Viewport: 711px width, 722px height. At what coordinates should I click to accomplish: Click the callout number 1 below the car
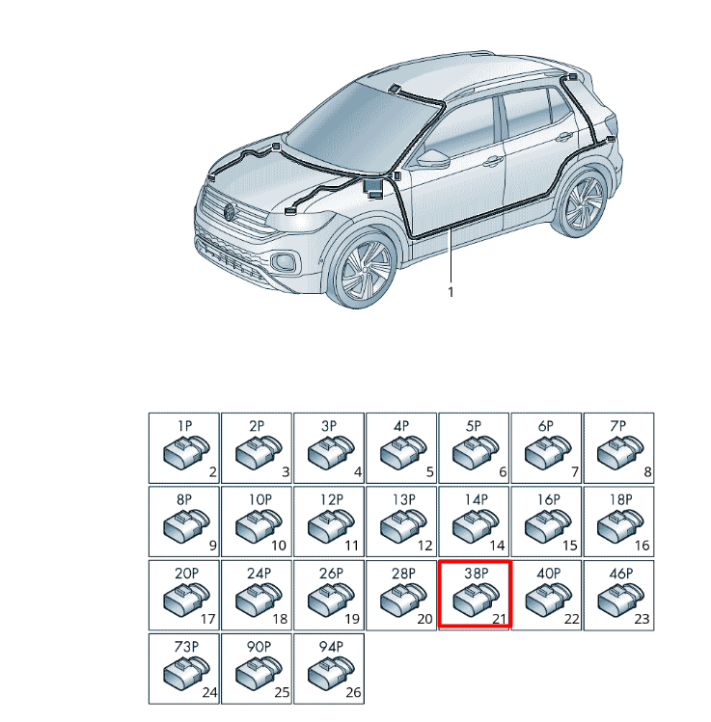(451, 292)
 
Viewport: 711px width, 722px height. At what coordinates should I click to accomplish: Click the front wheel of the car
(365, 270)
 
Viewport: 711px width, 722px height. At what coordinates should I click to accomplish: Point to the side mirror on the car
(432, 158)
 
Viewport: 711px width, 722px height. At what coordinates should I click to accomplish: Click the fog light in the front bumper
(283, 262)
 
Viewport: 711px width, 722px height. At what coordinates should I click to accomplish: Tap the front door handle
(492, 161)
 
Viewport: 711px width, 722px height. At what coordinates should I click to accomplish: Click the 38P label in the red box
(476, 574)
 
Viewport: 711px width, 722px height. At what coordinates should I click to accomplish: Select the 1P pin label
(185, 426)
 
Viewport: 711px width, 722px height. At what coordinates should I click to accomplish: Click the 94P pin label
(331, 647)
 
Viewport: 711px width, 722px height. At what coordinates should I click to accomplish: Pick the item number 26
(353, 692)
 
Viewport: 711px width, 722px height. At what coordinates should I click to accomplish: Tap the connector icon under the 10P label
(259, 525)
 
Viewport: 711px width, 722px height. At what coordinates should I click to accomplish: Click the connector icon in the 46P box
(620, 599)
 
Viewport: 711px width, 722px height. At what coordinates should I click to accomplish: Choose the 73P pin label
(186, 647)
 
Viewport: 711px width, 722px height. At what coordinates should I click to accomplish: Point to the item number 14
(497, 546)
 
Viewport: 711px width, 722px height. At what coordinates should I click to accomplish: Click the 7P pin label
(618, 426)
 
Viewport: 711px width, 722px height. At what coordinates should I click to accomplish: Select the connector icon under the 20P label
(186, 599)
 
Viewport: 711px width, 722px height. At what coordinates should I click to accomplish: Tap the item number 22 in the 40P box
(571, 619)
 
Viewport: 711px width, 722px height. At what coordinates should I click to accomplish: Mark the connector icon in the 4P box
(403, 452)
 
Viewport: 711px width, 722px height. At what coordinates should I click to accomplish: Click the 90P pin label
(259, 647)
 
